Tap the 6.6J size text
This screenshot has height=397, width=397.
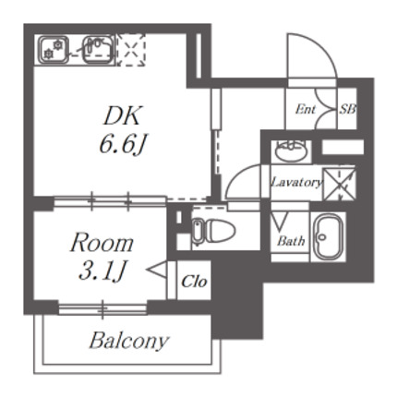click(x=122, y=144)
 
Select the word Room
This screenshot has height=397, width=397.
click(x=102, y=243)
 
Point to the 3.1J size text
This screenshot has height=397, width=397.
click(x=102, y=271)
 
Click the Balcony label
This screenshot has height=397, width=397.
click(x=129, y=341)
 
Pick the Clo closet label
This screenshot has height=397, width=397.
click(x=194, y=282)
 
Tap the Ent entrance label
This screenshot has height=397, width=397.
click(x=306, y=109)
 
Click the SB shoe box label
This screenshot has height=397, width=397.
click(x=348, y=109)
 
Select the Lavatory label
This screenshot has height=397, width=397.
click(x=296, y=182)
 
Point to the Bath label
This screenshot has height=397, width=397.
click(x=291, y=241)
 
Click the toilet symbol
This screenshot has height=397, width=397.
click(x=213, y=230)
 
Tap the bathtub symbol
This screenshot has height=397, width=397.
click(x=329, y=236)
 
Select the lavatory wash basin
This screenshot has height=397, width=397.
click(x=291, y=150)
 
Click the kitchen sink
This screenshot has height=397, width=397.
click(x=98, y=50)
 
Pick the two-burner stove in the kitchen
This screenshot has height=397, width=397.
click(x=53, y=50)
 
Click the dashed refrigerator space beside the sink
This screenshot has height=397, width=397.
click(x=132, y=50)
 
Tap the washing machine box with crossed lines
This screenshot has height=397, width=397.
click(x=339, y=184)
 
